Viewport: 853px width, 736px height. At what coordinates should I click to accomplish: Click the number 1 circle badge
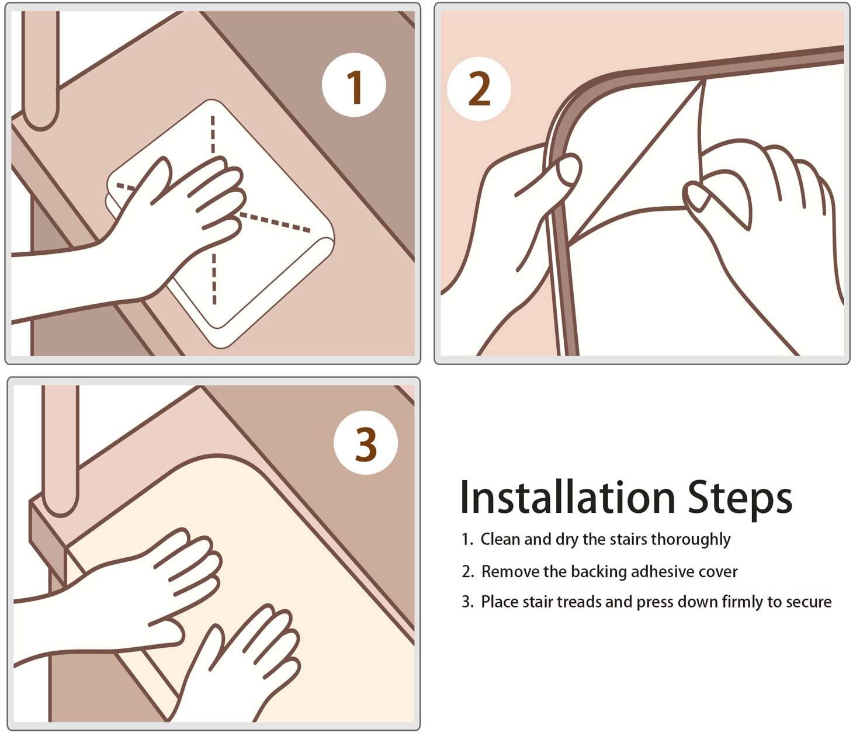tap(353, 85)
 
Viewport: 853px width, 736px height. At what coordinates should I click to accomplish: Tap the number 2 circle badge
tap(478, 89)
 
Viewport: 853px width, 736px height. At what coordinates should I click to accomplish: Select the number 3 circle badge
tap(366, 443)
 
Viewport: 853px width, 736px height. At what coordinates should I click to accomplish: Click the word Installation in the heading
tap(567, 498)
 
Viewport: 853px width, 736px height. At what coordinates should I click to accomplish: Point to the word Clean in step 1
tap(500, 539)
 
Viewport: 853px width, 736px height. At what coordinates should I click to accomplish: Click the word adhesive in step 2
tap(660, 571)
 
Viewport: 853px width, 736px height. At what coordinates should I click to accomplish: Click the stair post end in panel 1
tap(40, 112)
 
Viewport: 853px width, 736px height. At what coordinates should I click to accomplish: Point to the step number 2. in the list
tap(467, 572)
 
